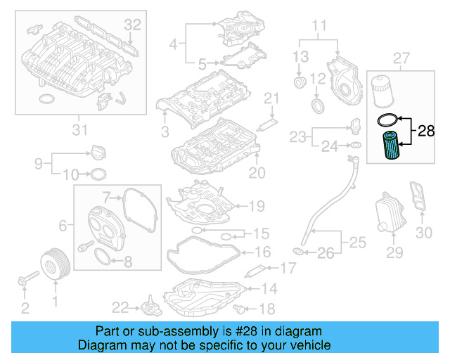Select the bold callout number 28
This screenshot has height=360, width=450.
[x=427, y=130]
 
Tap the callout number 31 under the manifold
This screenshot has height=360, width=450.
[x=80, y=129]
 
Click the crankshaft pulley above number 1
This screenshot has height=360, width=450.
[x=54, y=264]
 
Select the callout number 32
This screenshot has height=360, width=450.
[x=133, y=25]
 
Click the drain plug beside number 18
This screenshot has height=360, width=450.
[x=243, y=309]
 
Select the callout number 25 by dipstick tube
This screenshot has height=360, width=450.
[x=357, y=243]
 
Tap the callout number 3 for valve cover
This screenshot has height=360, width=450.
[x=165, y=131]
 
